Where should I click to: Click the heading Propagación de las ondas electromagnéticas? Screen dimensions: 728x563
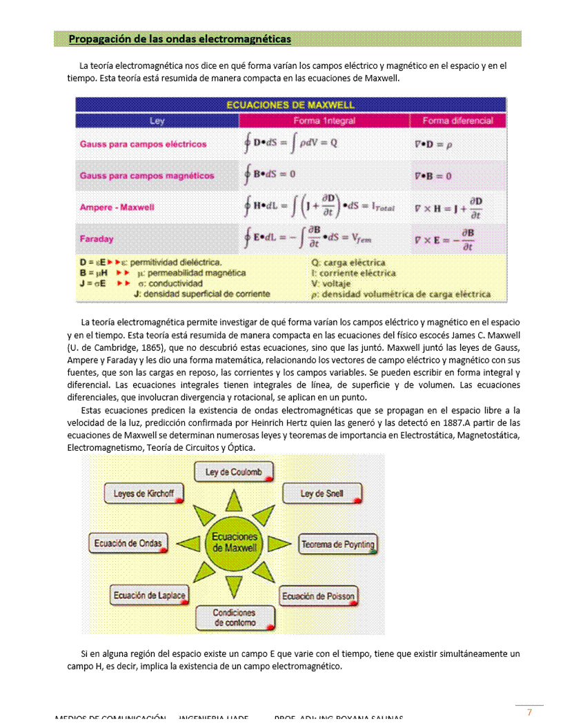click(179, 39)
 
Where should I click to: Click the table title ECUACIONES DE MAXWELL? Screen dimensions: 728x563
click(290, 105)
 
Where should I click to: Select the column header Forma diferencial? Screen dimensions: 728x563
click(457, 121)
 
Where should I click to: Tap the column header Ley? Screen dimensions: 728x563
click(157, 121)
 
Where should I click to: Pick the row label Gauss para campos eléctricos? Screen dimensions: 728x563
click(143, 144)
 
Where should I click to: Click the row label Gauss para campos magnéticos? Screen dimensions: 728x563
click(147, 176)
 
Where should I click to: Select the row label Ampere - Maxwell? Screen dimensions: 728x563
click(117, 207)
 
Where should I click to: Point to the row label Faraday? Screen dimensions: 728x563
click(97, 239)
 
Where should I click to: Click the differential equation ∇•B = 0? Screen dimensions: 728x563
click(433, 176)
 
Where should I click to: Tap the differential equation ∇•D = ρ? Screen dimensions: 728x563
click(433, 145)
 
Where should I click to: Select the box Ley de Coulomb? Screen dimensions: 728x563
click(233, 472)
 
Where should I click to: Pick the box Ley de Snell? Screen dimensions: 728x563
click(322, 494)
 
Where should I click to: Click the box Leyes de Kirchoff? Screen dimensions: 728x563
click(144, 494)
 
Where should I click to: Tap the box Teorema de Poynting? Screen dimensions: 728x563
click(337, 545)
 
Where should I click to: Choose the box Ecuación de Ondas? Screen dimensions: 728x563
click(128, 543)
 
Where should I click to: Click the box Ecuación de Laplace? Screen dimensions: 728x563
click(150, 595)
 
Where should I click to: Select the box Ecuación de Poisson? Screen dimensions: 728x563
click(318, 596)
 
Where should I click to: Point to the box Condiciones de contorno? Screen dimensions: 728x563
click(234, 617)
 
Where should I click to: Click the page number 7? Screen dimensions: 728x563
click(529, 712)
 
